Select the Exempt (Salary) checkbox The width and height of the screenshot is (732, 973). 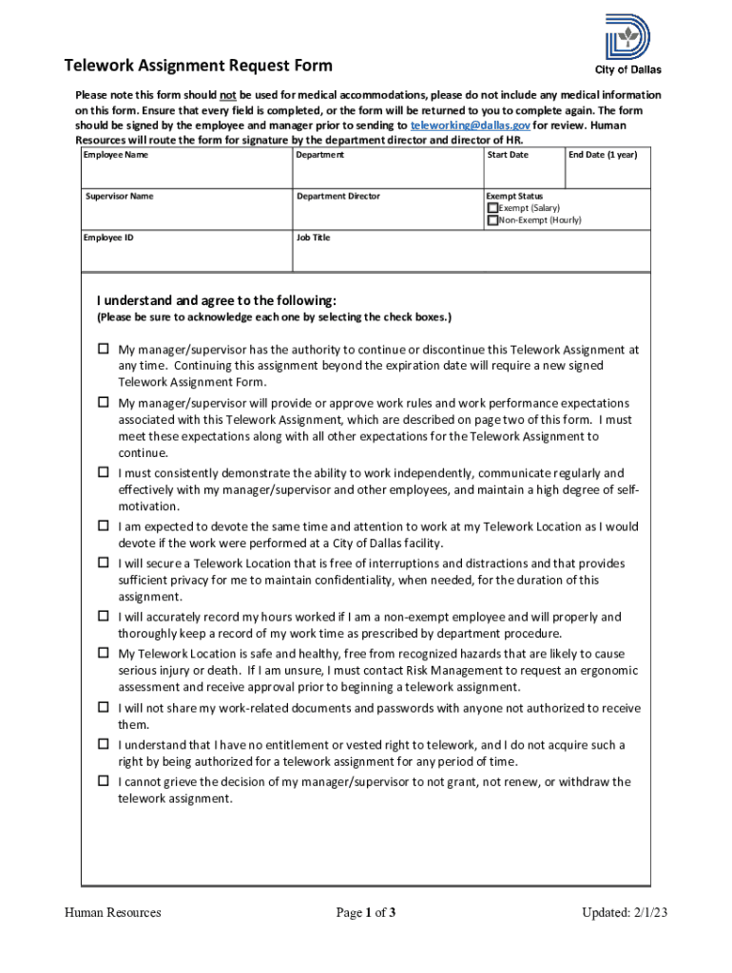492,208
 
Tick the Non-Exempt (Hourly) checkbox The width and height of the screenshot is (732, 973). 492,220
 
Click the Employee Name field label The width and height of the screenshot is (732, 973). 116,154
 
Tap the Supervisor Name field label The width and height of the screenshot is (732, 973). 119,196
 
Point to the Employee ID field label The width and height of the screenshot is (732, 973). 108,238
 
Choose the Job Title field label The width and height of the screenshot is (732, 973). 313,238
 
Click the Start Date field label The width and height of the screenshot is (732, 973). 508,154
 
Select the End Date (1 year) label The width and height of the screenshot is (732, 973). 603,154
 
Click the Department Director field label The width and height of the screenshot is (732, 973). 337,196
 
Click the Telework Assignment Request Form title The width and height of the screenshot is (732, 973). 198,66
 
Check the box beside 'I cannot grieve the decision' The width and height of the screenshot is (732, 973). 103,781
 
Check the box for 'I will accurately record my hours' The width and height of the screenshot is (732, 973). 103,617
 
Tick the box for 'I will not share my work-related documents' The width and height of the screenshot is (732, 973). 103,708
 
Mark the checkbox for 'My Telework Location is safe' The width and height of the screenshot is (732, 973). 103,654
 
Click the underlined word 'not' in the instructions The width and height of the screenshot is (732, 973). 228,95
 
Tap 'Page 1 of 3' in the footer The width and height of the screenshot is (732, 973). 365,913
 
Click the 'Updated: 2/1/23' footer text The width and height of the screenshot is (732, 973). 625,913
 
